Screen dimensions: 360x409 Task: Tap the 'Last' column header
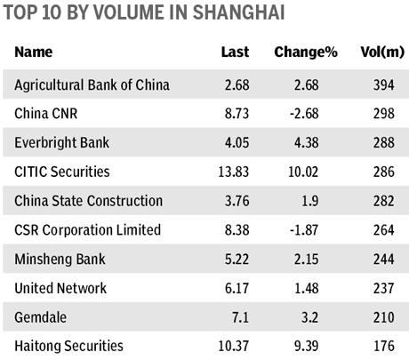[x=235, y=53]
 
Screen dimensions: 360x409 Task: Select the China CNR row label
[x=52, y=115]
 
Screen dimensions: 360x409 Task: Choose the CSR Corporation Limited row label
[x=87, y=230]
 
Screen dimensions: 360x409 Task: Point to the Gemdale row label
[x=42, y=316]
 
